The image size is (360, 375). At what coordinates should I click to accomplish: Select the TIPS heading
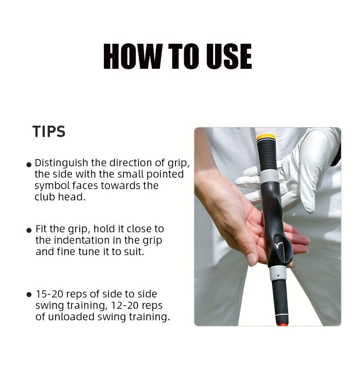point(49,132)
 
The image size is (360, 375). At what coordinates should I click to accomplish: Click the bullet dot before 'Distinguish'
point(29,164)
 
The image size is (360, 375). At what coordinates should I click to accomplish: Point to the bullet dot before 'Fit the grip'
point(29,230)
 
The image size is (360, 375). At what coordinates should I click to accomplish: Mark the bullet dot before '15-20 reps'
point(29,295)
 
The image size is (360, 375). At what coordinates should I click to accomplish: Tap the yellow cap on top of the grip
point(266,137)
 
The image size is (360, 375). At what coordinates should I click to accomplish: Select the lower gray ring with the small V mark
point(278,273)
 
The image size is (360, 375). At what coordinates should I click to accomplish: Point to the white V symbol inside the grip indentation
point(279,247)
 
